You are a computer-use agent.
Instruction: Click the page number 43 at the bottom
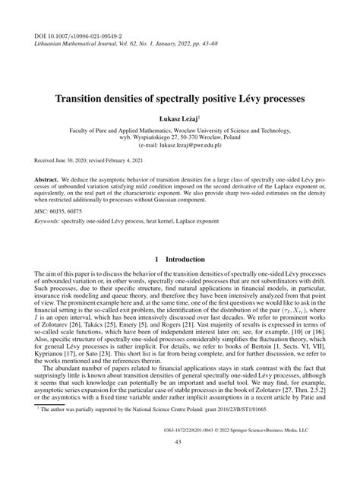[x=179, y=464]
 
